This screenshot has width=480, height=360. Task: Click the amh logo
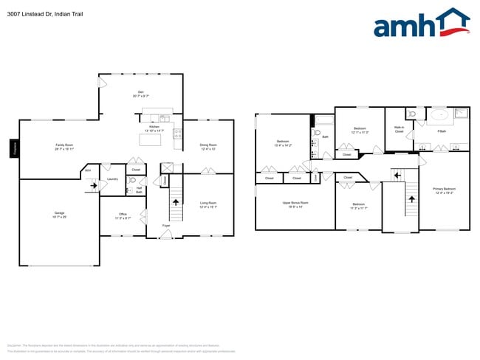coord(421,24)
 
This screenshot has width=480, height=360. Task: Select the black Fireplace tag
coord(13,148)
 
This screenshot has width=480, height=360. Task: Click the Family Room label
coord(64,147)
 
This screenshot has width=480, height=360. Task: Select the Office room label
coord(123,216)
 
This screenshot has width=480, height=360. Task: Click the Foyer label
coord(167,225)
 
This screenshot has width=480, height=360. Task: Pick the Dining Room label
coord(208,147)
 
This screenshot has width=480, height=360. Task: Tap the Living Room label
coord(208,204)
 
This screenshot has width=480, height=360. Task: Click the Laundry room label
coord(112,179)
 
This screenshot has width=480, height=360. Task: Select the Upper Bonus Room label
coord(295,204)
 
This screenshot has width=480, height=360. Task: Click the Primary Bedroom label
coord(443,191)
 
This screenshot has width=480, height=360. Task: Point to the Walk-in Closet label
coord(398,129)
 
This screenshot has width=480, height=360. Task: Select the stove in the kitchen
coord(177,134)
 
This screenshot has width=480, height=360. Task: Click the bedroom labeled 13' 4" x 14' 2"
coord(283,143)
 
